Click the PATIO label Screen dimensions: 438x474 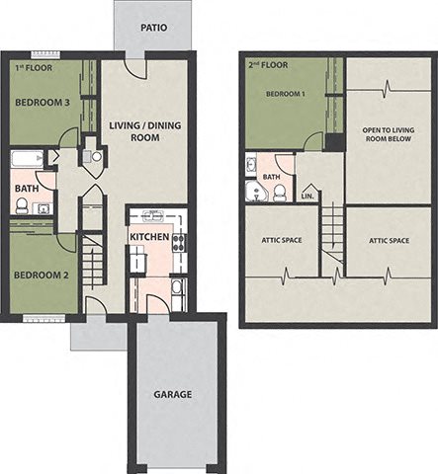[153, 28]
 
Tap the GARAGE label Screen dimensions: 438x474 [173, 394]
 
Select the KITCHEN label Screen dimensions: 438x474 [149, 237]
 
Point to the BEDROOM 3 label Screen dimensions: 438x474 [43, 103]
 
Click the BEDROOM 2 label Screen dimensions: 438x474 [42, 275]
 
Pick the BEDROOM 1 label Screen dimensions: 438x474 [286, 94]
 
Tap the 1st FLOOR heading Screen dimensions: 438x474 [34, 68]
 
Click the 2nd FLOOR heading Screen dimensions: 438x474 [268, 65]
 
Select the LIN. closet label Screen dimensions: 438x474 [307, 197]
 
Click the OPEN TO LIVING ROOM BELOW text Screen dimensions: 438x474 [389, 134]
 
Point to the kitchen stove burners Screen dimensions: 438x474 [178, 243]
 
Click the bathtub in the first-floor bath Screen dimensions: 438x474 [28, 159]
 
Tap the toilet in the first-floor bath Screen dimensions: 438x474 [22, 206]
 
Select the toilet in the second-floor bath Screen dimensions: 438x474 [280, 194]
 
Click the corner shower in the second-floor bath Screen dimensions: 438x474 [257, 191]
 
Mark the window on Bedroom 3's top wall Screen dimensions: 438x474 [45, 54]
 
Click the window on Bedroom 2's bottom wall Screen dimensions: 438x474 [44, 318]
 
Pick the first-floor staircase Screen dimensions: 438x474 [93, 259]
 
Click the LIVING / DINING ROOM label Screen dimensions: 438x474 [145, 131]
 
